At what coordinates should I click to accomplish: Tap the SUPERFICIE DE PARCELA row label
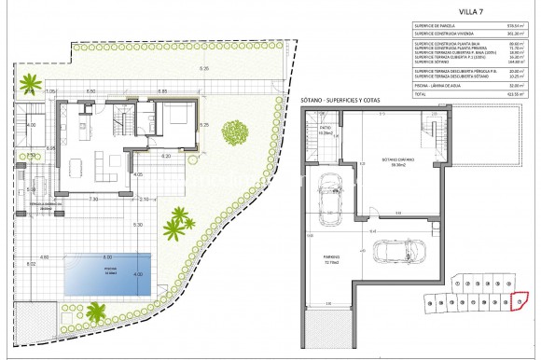click(439, 52)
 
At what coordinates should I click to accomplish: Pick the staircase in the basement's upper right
click(431, 124)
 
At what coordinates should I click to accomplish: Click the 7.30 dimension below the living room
click(93, 199)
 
